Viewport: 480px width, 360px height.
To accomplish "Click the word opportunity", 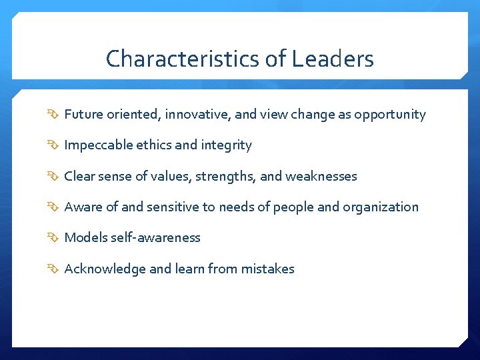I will coord(390,115).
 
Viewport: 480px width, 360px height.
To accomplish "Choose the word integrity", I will coord(227,145).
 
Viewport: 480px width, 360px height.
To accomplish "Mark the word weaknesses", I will coord(321,177).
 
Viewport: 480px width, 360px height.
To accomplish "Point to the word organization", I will coord(381,207).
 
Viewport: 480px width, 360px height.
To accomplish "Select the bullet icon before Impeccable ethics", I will coord(54,146).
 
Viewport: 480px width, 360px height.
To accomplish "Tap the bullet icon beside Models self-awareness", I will coord(54,239).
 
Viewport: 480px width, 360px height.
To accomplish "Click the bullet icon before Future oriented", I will coord(54,115).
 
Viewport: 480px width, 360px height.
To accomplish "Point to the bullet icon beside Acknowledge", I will coord(54,269).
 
